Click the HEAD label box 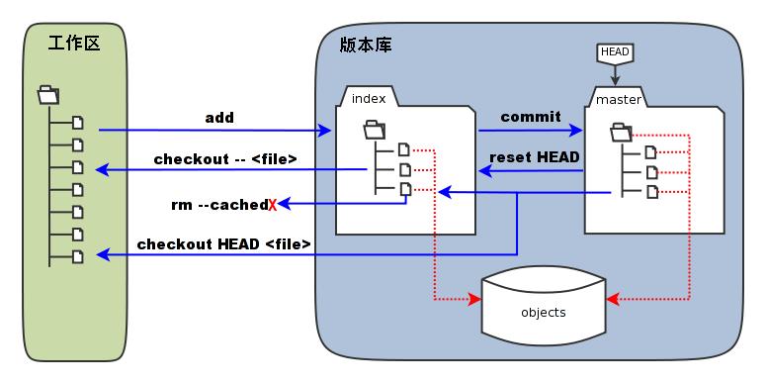click(x=615, y=51)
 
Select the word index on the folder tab click(x=369, y=98)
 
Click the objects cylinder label click(x=543, y=313)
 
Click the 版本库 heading click(x=364, y=46)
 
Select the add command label click(x=219, y=118)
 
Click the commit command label click(x=530, y=117)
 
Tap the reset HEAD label click(x=534, y=156)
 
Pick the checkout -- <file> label click(x=225, y=158)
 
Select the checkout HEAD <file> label click(x=224, y=243)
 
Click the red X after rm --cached click(x=272, y=205)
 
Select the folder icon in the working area click(x=46, y=95)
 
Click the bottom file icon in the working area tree click(x=78, y=256)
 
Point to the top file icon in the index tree click(x=403, y=149)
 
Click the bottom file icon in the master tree click(x=650, y=191)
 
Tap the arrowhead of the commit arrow click(x=578, y=130)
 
